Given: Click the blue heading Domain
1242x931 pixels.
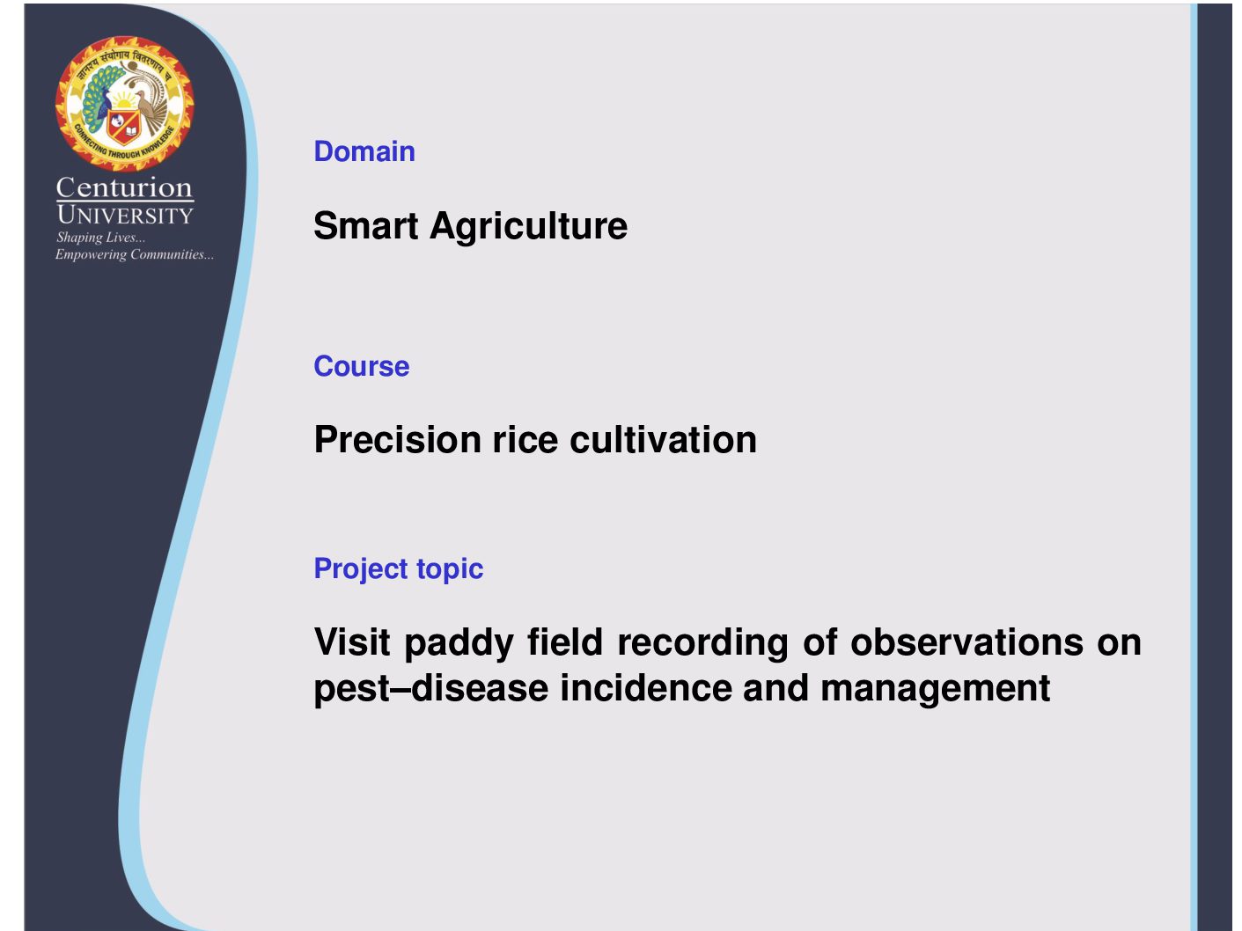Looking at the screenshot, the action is coord(364,151).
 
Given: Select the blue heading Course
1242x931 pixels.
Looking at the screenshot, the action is coord(362,366).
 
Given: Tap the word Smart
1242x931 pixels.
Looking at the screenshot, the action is coord(366,225).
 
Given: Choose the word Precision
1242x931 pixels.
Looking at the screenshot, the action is coord(398,439).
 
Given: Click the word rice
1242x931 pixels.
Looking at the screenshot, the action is coord(525,440).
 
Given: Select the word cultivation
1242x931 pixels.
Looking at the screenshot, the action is coord(663,439).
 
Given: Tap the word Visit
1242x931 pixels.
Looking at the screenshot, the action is coord(352,642).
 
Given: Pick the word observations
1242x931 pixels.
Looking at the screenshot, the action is coord(967,642).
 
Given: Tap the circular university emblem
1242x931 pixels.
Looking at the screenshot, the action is coord(124,104).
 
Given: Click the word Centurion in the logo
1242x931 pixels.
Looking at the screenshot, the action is coord(124,187).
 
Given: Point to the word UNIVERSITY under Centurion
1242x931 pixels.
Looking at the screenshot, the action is coord(125,215).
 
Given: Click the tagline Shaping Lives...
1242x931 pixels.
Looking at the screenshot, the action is coord(100,238).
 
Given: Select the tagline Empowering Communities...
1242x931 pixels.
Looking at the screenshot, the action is coord(135,254).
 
